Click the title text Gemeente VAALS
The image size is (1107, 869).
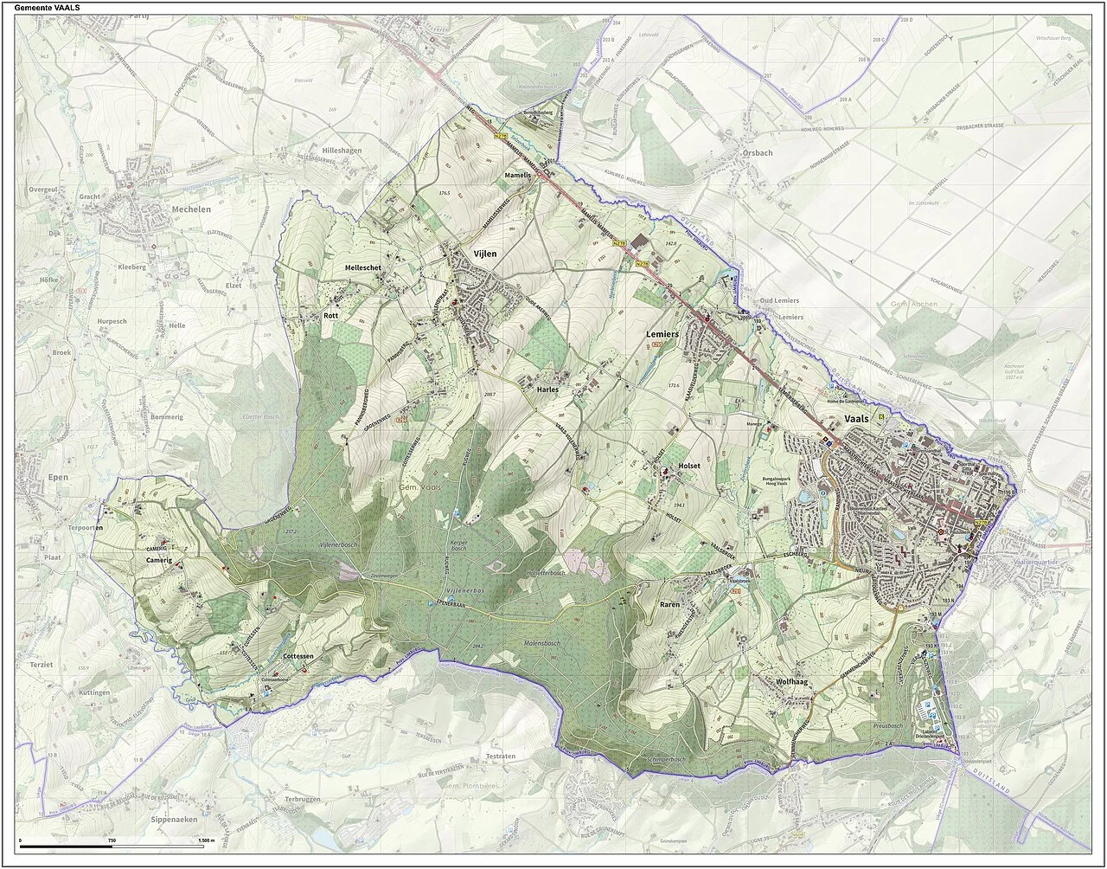(49, 7)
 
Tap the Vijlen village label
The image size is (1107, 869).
(484, 254)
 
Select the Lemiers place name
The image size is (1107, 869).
(662, 333)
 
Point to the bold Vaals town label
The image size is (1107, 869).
(855, 418)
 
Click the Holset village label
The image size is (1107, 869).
(689, 466)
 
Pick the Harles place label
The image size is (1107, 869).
(548, 389)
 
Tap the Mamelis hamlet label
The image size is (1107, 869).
(517, 175)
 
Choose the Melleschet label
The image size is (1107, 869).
(363, 268)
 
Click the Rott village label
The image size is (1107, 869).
(330, 316)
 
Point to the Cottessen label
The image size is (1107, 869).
(298, 657)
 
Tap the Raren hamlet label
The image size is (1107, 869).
(670, 604)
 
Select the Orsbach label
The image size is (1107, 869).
(757, 153)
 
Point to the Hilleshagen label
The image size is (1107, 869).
(342, 151)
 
